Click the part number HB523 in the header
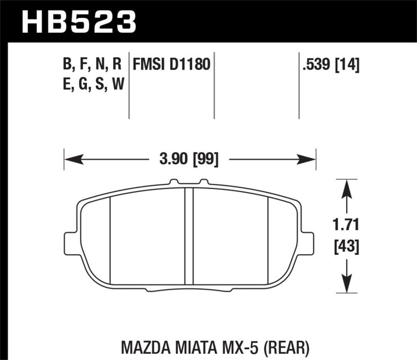click(x=78, y=22)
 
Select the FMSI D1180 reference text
click(x=171, y=65)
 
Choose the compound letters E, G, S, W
click(x=92, y=84)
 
